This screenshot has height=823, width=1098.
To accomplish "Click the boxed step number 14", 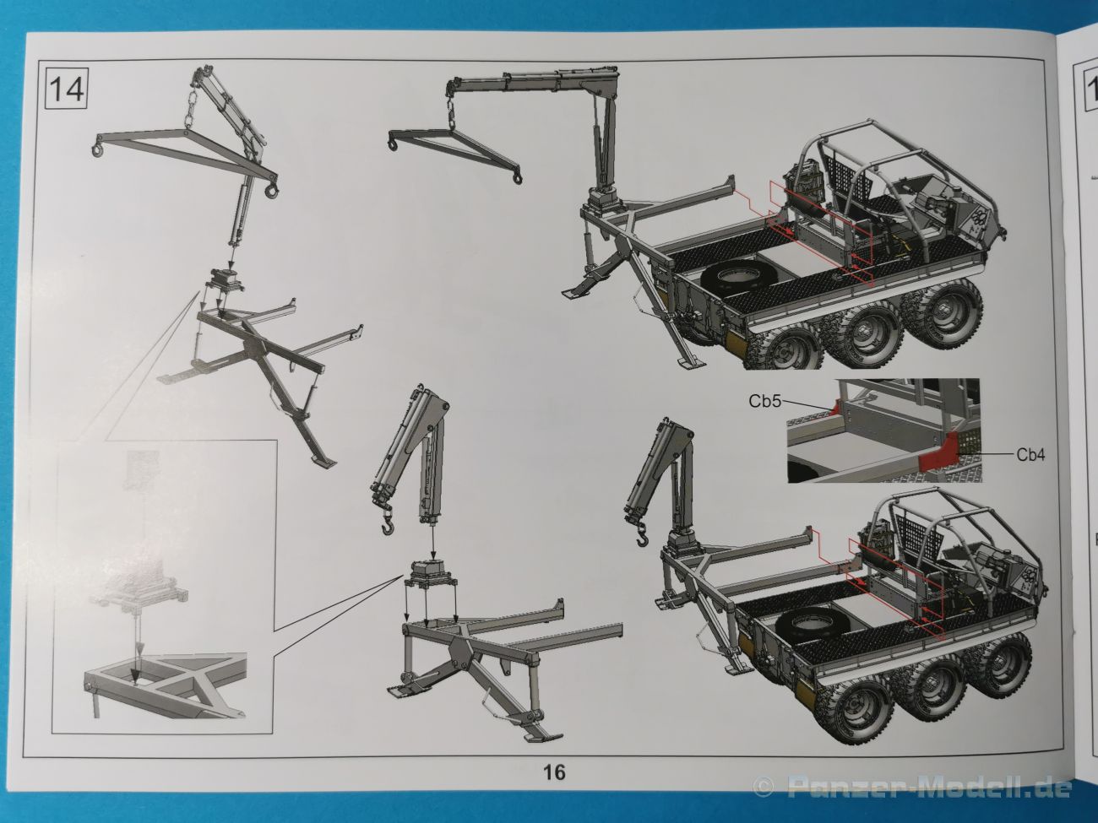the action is pos(67,89).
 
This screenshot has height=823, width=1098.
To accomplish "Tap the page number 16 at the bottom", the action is pos(554,772).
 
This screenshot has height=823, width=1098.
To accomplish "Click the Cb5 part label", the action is pos(765,401).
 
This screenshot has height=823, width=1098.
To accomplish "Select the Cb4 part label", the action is pos(1031,455).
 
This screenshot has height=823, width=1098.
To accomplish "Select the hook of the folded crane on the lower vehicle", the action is pos(643,536).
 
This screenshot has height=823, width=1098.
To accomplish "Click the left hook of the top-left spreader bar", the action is pos(95,151).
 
